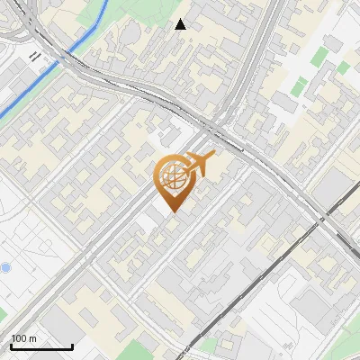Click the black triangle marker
pyautogui.click(x=181, y=24)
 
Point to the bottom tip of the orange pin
pyautogui.click(x=172, y=213)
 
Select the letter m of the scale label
pyautogui.click(x=33, y=338)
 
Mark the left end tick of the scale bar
pyautogui.click(x=12, y=346)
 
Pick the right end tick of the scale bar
pyautogui.click(x=72, y=346)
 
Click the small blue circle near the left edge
pyautogui.click(x=5, y=267)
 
